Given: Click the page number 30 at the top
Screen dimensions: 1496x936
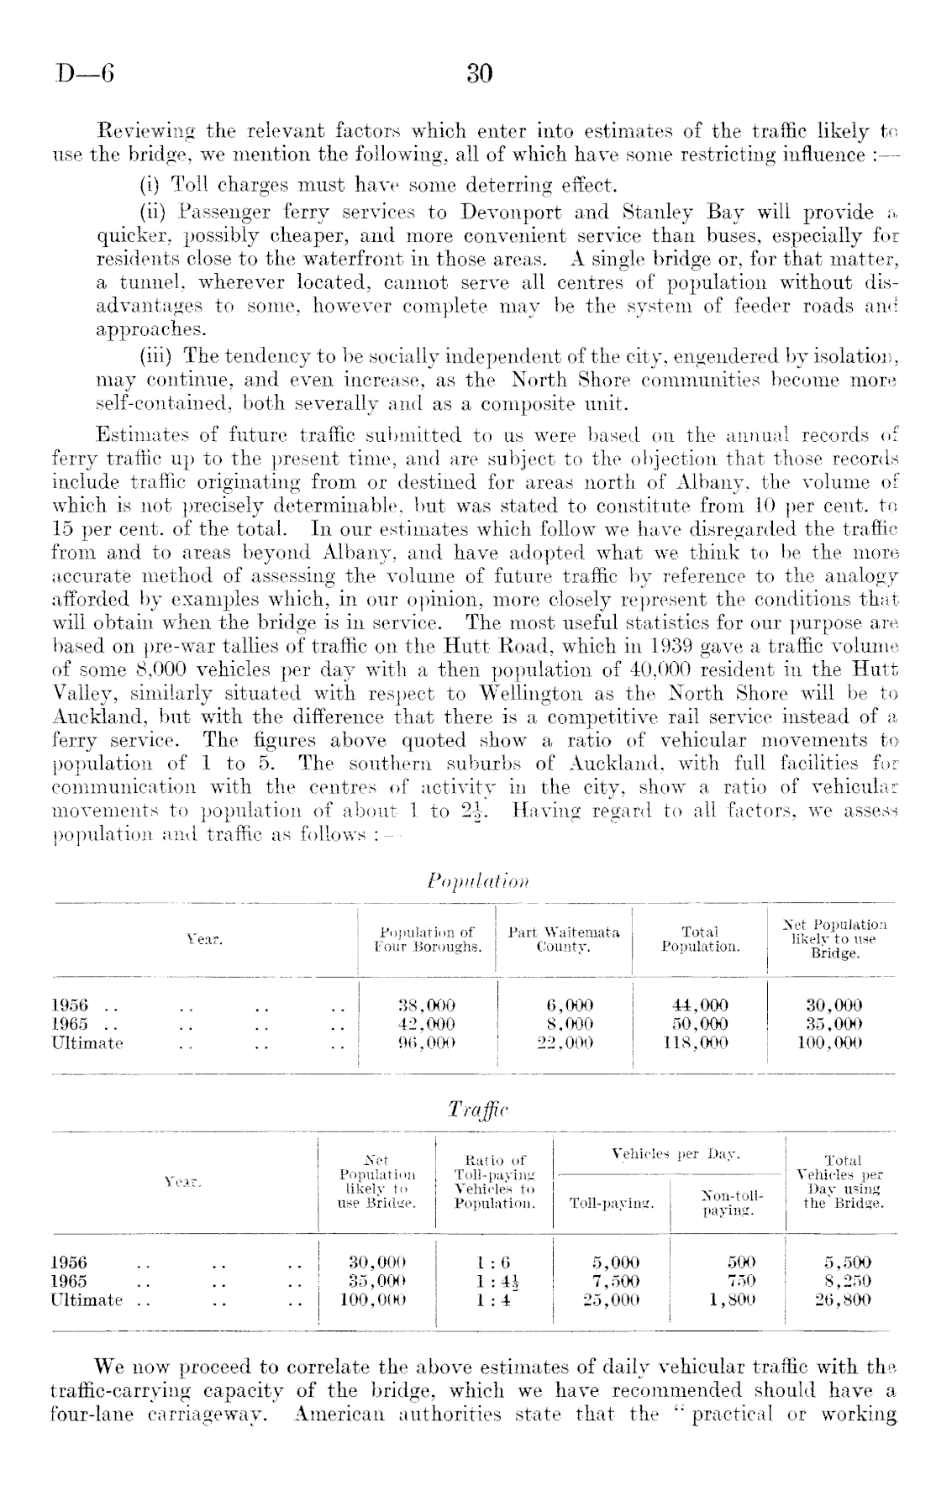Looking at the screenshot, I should point(479,75).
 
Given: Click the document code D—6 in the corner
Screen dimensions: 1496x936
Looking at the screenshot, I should point(85,75).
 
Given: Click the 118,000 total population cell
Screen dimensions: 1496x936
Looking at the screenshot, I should point(699,1043).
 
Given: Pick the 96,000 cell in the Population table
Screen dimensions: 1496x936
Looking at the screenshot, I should point(426,1043).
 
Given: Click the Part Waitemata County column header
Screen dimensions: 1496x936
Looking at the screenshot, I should point(564,939).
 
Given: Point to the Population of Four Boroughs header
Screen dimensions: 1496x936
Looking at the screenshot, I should point(427,939).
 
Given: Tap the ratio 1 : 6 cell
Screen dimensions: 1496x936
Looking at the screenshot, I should point(492,1262).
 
